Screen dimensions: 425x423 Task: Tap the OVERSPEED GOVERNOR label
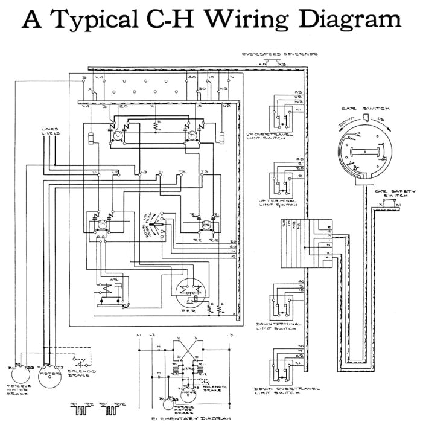click(280, 54)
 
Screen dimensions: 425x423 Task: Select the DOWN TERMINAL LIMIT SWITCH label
click(278, 327)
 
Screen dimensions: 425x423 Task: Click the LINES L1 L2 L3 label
click(50, 132)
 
